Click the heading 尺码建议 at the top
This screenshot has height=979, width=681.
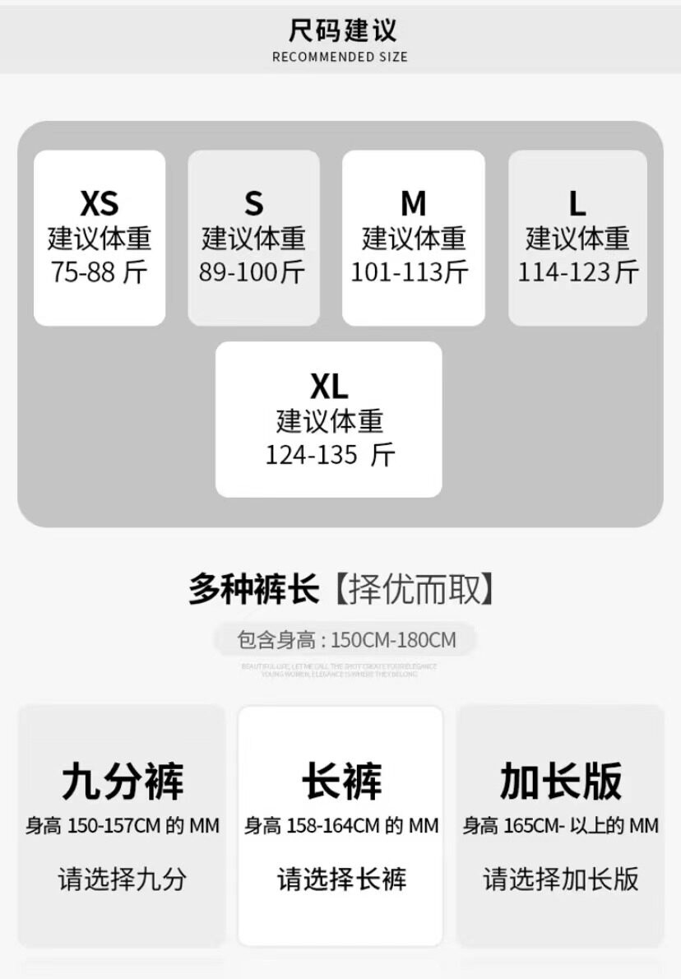coord(342,31)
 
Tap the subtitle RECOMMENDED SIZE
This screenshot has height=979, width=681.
coord(340,58)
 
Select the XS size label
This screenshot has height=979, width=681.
coord(100,203)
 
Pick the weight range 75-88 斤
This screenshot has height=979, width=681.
coord(100,272)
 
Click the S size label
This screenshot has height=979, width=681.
coord(253,203)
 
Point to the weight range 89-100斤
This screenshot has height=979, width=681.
coord(252,272)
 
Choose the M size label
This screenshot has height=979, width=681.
coord(413,203)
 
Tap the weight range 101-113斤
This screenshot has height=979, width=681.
coord(410,272)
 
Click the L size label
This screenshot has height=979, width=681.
coord(577,203)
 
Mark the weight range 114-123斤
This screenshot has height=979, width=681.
coord(577,272)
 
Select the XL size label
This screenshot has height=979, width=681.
coord(329,386)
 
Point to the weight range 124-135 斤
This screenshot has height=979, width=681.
coord(330,455)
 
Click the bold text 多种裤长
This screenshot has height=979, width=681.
coord(253,590)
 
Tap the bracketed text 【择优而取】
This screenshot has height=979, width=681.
coord(415,590)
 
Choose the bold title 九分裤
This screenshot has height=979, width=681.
coord(123,782)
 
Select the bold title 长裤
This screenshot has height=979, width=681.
coord(341,782)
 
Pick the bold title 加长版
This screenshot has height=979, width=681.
coord(561,782)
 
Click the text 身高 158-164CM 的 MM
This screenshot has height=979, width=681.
coord(341,825)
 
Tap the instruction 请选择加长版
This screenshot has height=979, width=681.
coord(561,879)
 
